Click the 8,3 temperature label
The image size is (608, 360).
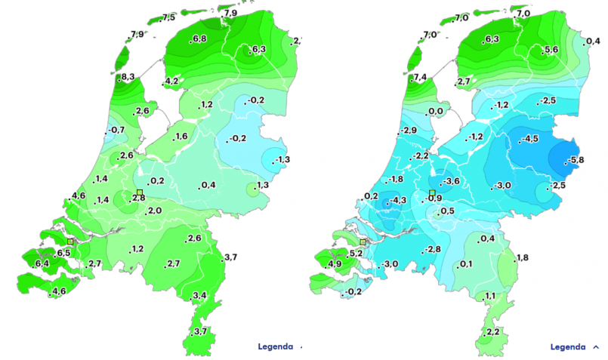(x=128, y=77)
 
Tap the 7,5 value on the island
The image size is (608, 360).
(x=168, y=17)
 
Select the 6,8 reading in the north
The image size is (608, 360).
(x=200, y=39)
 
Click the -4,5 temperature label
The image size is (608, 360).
(x=529, y=140)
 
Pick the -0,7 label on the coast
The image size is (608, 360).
(x=116, y=130)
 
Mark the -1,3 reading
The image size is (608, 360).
(x=282, y=159)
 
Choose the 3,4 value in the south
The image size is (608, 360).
(x=200, y=295)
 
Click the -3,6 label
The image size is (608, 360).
(x=451, y=181)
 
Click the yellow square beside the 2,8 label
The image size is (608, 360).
(x=140, y=193)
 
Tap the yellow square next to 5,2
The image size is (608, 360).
(x=363, y=242)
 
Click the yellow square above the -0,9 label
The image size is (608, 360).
(x=432, y=194)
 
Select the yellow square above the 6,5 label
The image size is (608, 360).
(x=70, y=241)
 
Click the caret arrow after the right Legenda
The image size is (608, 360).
(x=596, y=347)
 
